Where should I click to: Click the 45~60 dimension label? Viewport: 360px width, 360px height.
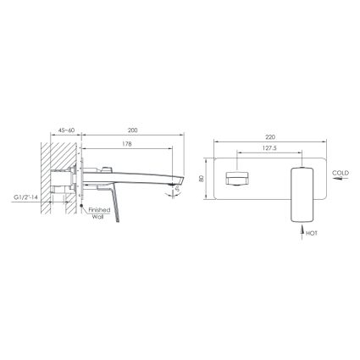pyautogui.click(x=66, y=130)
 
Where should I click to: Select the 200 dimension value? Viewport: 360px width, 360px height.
pyautogui.click(x=133, y=130)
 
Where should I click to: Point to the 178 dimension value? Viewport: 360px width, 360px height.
pyautogui.click(x=127, y=144)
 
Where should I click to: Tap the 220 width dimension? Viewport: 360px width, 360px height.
pyautogui.click(x=270, y=137)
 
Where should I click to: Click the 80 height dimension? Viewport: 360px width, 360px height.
pyautogui.click(x=201, y=179)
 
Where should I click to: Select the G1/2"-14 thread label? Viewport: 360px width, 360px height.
pyautogui.click(x=26, y=197)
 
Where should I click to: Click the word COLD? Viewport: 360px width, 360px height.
pyautogui.click(x=341, y=173)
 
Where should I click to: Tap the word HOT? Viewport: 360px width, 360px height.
pyautogui.click(x=312, y=234)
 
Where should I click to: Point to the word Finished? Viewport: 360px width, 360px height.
pyautogui.click(x=99, y=210)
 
